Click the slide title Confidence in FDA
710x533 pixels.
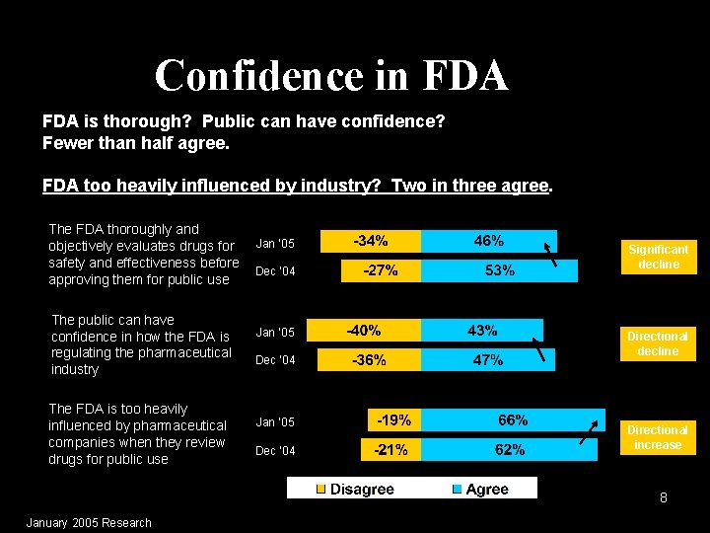pyautogui.click(x=331, y=75)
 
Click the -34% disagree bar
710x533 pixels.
pyautogui.click(x=371, y=241)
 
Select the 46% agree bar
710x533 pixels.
pyautogui.click(x=488, y=241)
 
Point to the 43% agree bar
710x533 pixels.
pyautogui.click(x=481, y=331)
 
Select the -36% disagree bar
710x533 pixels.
pyautogui.click(x=371, y=360)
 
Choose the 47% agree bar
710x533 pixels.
pyautogui.click(x=487, y=360)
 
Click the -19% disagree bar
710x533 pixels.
pyautogui.click(x=394, y=420)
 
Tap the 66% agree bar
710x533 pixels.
pyautogui.click(x=513, y=420)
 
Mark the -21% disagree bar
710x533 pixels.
pyautogui.click(x=391, y=450)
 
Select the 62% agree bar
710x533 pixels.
pyautogui.click(x=509, y=450)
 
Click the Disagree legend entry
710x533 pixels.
pyautogui.click(x=355, y=489)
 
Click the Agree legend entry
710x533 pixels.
pyautogui.click(x=480, y=489)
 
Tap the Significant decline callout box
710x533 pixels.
pyautogui.click(x=658, y=257)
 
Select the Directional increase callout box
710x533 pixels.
pyautogui.click(x=658, y=437)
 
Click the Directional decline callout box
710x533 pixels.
pyautogui.click(x=658, y=343)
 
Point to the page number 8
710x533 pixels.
pyautogui.click(x=664, y=498)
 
